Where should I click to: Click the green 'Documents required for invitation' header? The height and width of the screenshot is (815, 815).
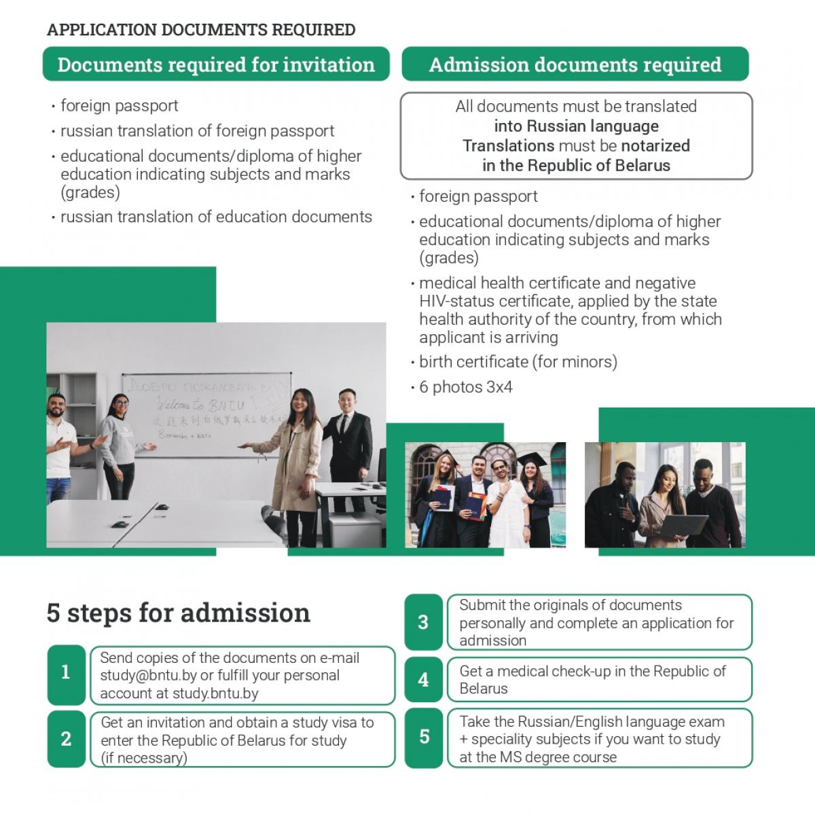(x=216, y=65)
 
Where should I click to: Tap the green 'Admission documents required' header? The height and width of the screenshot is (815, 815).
(x=575, y=65)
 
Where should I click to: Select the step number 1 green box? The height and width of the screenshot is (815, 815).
(x=66, y=673)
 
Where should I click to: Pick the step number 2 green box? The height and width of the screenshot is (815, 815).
(x=66, y=739)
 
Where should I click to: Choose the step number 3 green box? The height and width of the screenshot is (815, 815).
(x=423, y=622)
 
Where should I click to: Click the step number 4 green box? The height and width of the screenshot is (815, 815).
(x=423, y=679)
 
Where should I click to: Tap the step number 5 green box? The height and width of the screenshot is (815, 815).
(x=423, y=737)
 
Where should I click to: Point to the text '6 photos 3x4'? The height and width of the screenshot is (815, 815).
(x=465, y=387)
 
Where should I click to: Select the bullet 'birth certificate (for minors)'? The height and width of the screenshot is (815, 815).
(x=518, y=362)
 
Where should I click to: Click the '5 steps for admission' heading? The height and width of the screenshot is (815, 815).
(x=178, y=613)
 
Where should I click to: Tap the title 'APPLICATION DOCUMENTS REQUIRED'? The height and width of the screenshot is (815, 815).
(x=201, y=30)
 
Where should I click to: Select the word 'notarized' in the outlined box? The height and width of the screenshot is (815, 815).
(x=655, y=145)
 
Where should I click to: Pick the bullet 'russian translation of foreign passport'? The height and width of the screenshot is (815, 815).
(x=197, y=130)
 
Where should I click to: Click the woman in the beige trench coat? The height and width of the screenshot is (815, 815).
(x=292, y=462)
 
